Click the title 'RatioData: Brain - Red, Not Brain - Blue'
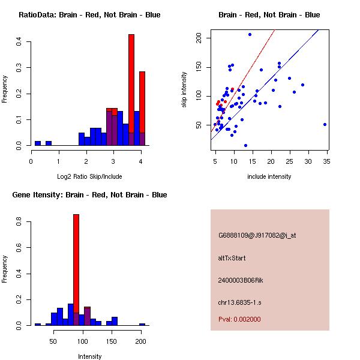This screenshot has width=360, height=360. coord(89,14)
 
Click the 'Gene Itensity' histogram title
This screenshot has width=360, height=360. coord(89,194)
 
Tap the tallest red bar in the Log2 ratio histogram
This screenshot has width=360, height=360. coord(131,90)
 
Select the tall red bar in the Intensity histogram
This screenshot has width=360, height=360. coord(76,269)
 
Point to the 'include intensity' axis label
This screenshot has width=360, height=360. coord(269,176)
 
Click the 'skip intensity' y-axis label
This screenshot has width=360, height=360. coord(184,90)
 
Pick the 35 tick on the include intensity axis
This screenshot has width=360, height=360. coord(327,161)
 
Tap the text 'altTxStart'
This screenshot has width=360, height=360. coord(232,258)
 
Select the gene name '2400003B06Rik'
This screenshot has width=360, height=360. coord(241,280)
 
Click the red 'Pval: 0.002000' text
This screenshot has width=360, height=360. coord(239,319)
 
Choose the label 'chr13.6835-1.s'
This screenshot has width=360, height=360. coord(241,302)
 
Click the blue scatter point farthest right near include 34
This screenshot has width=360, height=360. coord(325,124)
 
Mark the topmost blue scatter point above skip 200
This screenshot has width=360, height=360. coord(250,34)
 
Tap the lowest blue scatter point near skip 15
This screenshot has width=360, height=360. coord(245,145)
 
